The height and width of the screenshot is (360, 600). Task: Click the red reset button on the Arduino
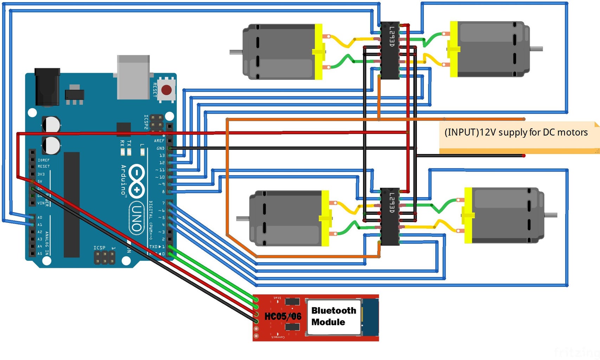[166, 90]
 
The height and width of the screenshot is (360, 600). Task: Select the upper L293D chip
[390, 50]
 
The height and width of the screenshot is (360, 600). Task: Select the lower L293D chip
[390, 216]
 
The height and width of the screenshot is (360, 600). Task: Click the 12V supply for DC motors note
[516, 133]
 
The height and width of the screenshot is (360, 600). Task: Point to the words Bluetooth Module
[333, 316]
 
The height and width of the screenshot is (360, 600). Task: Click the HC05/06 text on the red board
[283, 316]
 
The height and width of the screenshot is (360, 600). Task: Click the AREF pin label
[159, 141]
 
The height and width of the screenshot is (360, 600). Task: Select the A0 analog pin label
[40, 217]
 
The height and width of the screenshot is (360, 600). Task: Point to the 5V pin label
[40, 181]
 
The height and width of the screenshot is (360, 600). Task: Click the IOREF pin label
[44, 160]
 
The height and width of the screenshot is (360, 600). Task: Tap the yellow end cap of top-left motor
[319, 52]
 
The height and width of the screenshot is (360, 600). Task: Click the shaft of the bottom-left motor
[243, 219]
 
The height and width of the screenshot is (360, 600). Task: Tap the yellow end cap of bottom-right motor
[468, 216]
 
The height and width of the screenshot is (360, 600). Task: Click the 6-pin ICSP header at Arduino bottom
[104, 258]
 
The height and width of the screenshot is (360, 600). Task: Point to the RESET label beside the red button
[155, 90]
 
